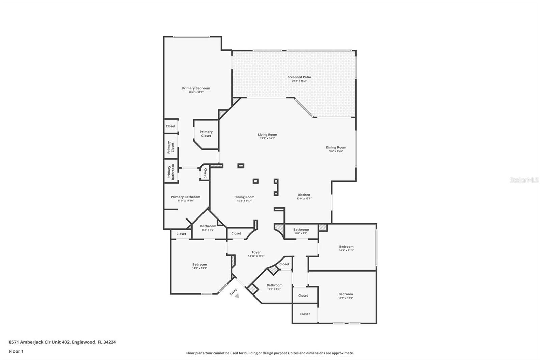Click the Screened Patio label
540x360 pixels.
(299, 77)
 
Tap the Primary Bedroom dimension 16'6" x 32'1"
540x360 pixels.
(196, 92)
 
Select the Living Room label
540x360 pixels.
(267, 135)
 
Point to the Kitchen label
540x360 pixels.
(304, 195)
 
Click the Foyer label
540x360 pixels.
(256, 252)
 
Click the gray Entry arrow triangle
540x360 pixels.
(237, 295)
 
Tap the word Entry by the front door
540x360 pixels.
(233, 292)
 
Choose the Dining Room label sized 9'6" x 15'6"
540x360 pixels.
(336, 148)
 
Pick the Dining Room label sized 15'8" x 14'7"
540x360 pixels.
(244, 197)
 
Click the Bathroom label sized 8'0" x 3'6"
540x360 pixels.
(301, 230)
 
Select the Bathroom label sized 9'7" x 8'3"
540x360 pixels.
(274, 285)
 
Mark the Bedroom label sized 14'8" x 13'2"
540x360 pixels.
(199, 265)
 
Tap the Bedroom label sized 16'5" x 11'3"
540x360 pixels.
(346, 247)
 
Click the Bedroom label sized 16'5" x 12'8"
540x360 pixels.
(345, 294)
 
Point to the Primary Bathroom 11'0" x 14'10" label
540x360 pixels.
(185, 197)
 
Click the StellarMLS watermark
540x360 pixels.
(524, 180)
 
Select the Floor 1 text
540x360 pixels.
(16, 351)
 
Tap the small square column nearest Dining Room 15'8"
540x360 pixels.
(255, 181)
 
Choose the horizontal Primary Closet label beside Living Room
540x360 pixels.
(206, 134)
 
